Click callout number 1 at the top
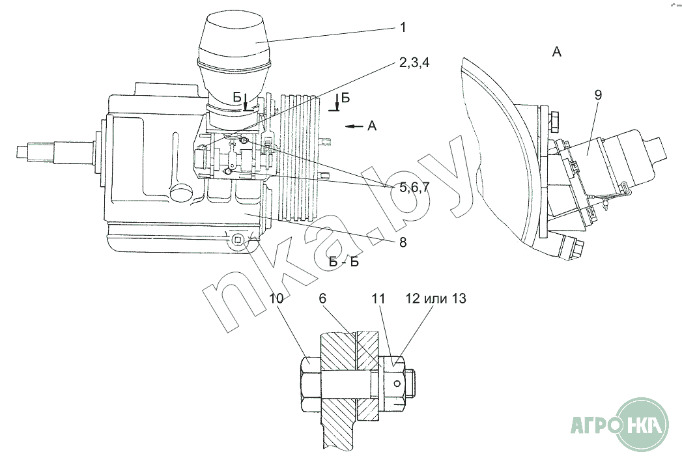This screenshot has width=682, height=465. coord(403,28)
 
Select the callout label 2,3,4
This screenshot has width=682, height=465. coord(414,63)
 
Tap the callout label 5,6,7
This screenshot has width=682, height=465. coord(414,188)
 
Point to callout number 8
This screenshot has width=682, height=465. coord(403,242)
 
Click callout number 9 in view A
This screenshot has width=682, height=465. coord(598,95)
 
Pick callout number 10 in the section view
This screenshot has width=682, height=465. coord(276,298)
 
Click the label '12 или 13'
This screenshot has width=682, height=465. coord(436,298)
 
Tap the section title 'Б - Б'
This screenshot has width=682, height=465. coord(344,262)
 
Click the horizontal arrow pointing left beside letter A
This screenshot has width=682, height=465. coord(354,126)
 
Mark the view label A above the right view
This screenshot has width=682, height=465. coord(557,52)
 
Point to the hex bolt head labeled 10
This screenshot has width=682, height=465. coord(311,384)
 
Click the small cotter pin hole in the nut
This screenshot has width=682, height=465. coord(397,384)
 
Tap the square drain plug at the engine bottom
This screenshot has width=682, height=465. coord(238,240)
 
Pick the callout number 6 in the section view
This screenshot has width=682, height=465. coord(322,298)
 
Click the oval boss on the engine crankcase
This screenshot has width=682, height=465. coord(181,191)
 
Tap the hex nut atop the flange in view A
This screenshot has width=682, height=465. coord(555,121)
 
